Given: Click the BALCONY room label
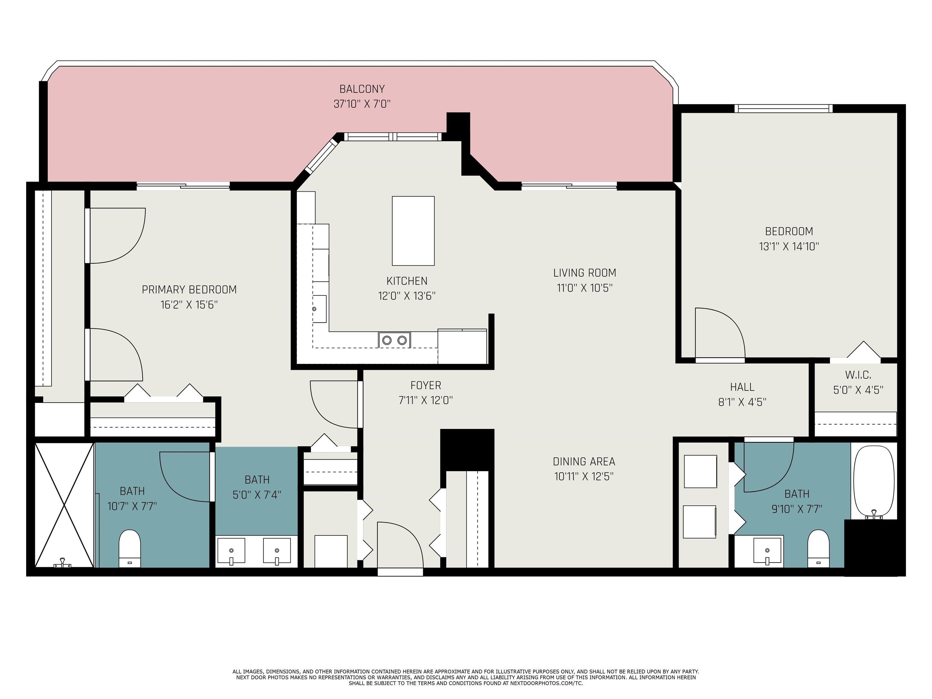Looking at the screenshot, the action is [x=362, y=89].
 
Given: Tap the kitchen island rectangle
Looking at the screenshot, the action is [x=413, y=231].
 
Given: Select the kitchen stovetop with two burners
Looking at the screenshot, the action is [x=394, y=339].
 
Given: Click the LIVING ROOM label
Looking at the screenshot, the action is [x=584, y=273].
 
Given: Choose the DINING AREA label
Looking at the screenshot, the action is [x=584, y=461].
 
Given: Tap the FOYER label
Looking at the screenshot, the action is [x=426, y=385].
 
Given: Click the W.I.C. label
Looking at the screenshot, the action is [x=858, y=375].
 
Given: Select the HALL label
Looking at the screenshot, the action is [x=742, y=387].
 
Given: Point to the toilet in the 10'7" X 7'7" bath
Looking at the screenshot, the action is [x=129, y=548].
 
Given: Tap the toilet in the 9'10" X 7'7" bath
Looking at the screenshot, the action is [x=818, y=548].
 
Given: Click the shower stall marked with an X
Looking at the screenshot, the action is [x=64, y=505].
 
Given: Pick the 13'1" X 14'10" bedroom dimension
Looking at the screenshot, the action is [x=789, y=246].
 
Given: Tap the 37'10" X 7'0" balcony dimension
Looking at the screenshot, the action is [x=362, y=104].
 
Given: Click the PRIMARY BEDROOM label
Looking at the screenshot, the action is [x=189, y=289].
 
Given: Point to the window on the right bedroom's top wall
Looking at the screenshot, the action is [x=784, y=108].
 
